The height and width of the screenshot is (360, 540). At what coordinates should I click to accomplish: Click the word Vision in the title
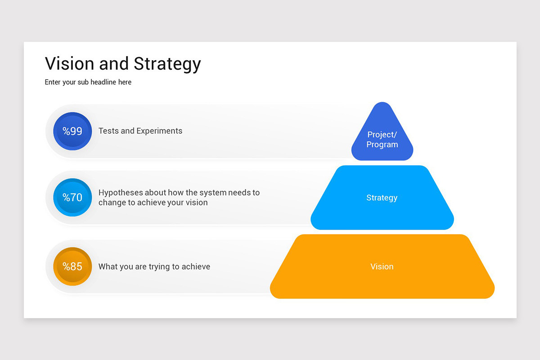coord(70,63)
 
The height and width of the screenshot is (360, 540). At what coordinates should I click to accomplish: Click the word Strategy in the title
coord(167,63)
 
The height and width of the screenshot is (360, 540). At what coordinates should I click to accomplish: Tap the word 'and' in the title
coord(114,63)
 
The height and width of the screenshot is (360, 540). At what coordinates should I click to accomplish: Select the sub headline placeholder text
coord(88,82)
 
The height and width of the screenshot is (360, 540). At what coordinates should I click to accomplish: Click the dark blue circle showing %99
coord(72,131)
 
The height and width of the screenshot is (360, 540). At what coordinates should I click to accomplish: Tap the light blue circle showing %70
coord(72,197)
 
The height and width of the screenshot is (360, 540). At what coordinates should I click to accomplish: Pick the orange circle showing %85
coord(72,266)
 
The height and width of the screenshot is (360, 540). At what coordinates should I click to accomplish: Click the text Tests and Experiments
coord(140,131)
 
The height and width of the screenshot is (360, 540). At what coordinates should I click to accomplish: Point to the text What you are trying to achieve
coord(154,266)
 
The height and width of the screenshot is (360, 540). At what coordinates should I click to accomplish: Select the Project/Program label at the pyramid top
coord(382,139)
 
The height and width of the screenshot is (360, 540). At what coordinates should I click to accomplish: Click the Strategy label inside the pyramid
coord(382,198)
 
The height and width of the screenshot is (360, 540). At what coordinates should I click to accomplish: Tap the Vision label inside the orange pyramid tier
coord(382,266)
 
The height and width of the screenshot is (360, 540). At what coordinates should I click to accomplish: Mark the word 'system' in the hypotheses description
coord(212,193)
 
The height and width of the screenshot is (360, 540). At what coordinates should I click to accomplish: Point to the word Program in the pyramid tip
coord(382,144)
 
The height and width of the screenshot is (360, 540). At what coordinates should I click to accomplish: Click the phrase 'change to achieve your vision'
coord(153,202)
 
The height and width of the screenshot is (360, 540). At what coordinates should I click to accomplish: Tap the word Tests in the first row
coord(108,131)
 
